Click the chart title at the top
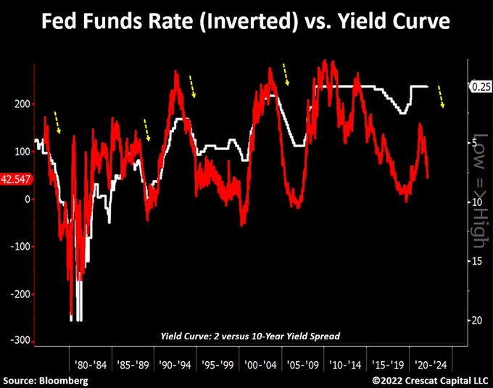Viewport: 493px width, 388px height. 246,22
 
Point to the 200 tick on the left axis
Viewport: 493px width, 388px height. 21,104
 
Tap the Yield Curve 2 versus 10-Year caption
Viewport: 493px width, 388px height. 249,336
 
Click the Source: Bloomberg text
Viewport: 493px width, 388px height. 45,380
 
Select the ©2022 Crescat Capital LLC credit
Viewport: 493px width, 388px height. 430,380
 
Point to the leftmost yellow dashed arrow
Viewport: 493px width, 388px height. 56,123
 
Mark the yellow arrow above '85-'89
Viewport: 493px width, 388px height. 146,131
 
